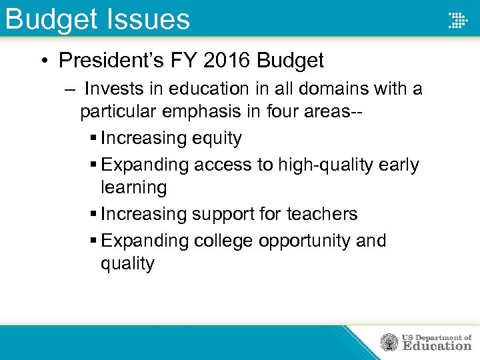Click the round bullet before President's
(x=43, y=61)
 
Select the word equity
(x=217, y=139)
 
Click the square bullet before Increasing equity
(x=93, y=139)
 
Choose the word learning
(x=133, y=187)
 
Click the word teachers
(x=322, y=214)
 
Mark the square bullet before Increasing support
(x=93, y=214)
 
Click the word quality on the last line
(x=127, y=263)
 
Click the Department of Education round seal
(x=389, y=343)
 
